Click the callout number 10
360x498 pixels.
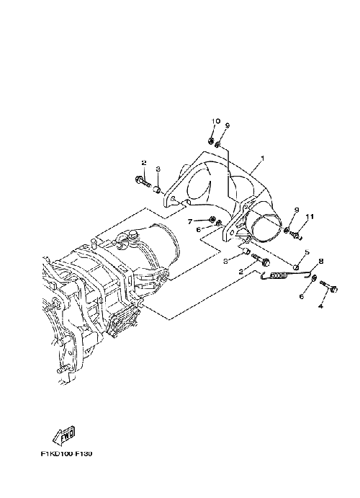click(x=216, y=121)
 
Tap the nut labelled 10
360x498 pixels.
click(x=211, y=141)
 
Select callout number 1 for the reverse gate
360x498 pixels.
click(x=262, y=158)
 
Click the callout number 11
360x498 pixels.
click(x=310, y=217)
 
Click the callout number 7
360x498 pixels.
click(x=190, y=221)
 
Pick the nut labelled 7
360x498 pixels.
click(x=211, y=219)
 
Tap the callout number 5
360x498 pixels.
click(x=307, y=252)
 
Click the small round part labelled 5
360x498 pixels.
click(x=295, y=267)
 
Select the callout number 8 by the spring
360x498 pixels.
click(x=321, y=261)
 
